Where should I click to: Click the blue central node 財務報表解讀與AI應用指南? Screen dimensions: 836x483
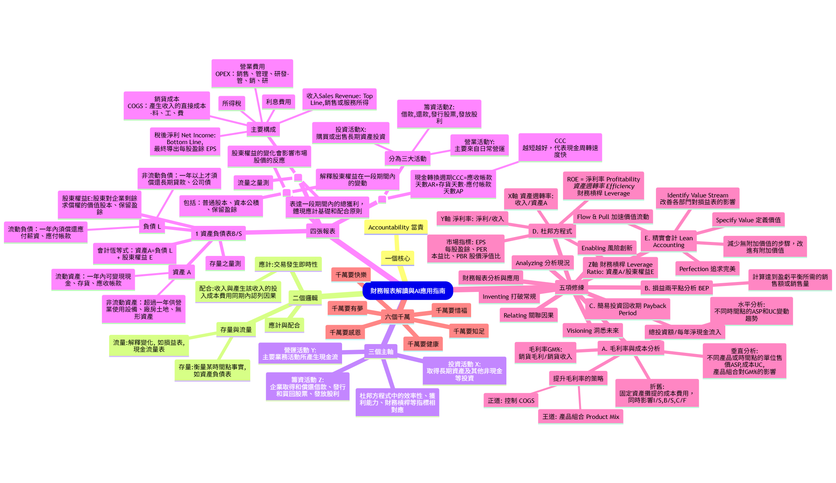coord(407,291)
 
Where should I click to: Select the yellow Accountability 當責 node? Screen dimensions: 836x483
coord(396,227)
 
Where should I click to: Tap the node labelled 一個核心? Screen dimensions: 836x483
coord(397,258)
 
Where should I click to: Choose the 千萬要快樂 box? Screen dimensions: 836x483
coord(351,275)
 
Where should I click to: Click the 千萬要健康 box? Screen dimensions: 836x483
coord(423,344)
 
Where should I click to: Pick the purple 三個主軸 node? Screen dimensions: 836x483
coord(381,352)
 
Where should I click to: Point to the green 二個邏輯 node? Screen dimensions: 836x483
coord(305,298)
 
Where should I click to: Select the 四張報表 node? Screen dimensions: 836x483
coord(322,231)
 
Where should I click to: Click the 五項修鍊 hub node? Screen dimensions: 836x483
coord(571,288)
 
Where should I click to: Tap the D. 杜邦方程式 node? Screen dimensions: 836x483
coord(552,231)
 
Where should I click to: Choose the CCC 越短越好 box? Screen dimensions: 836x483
coord(560,147)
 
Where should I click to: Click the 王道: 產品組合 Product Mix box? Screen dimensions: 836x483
coord(580,417)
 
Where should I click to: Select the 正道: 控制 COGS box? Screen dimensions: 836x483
coord(511,400)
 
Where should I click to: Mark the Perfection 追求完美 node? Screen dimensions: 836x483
coord(707,269)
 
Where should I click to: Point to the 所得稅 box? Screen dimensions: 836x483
coord(231,103)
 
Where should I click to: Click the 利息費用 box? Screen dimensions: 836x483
coord(278,102)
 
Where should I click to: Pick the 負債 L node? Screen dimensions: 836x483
coord(152,226)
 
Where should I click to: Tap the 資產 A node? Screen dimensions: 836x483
coord(181,272)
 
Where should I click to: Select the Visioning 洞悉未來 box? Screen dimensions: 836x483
coord(592,331)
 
